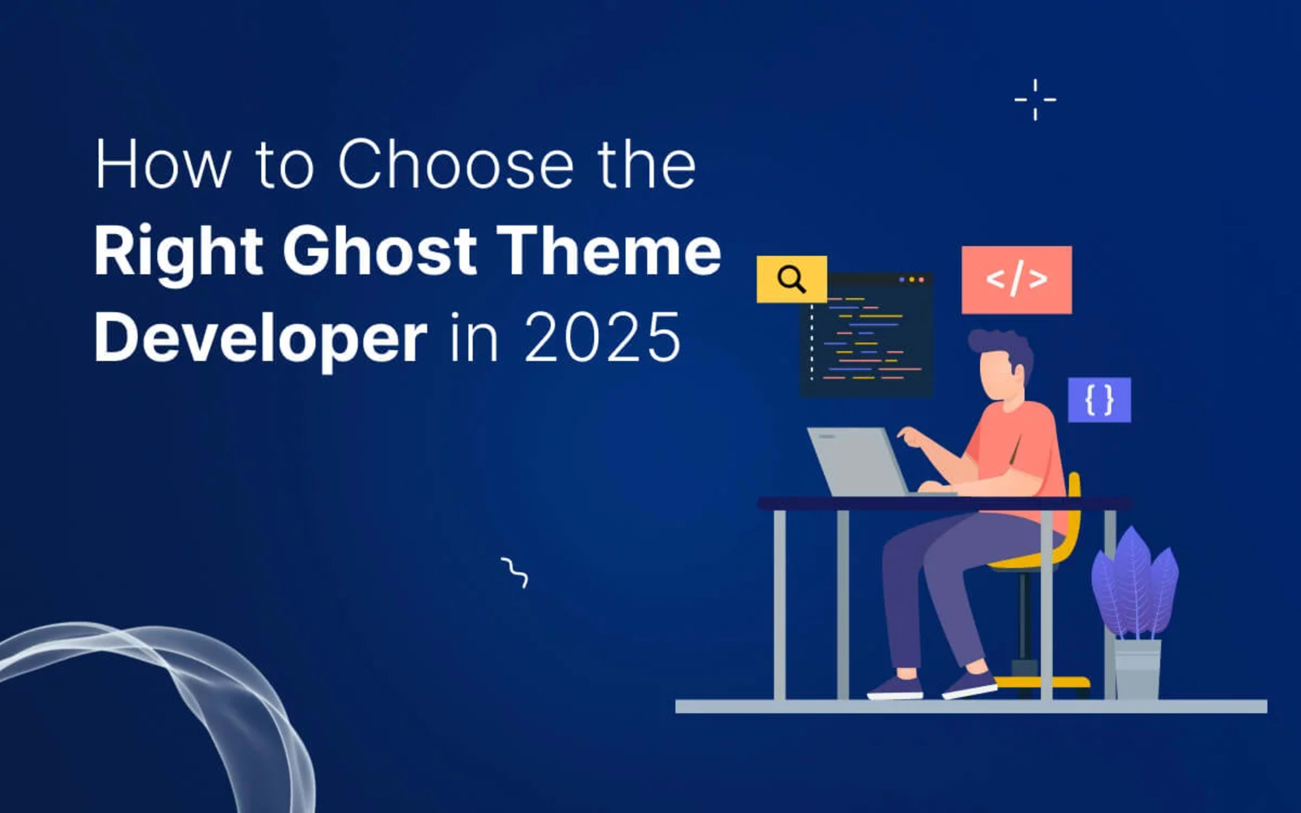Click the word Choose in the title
tap(456, 164)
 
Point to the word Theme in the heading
tap(608, 250)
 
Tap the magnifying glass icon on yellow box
tap(791, 279)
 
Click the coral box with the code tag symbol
tap(1016, 279)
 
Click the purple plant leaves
tap(1134, 583)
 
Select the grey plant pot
tap(1138, 669)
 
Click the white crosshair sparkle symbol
tap(1035, 100)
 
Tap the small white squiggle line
tap(515, 572)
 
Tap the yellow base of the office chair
tap(1040, 682)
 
